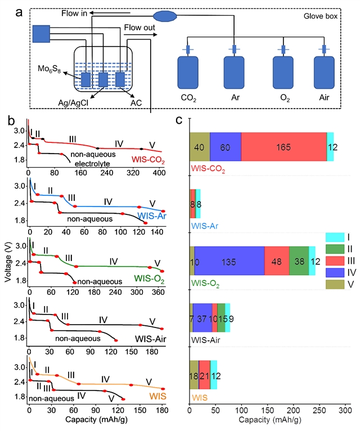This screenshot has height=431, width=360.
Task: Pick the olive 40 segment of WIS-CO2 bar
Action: [x=200, y=147]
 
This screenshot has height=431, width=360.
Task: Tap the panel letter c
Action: [x=179, y=120]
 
